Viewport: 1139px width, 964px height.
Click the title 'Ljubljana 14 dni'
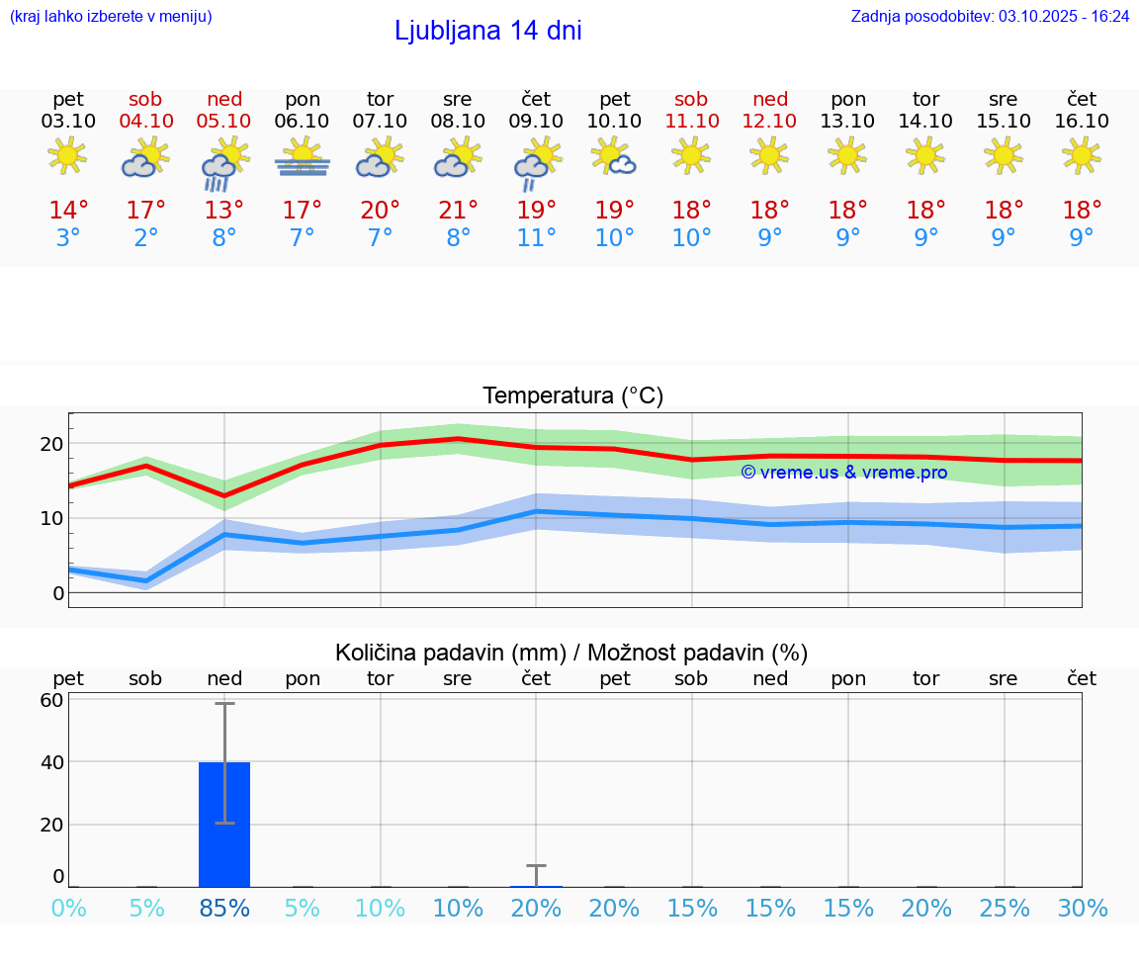coord(487,31)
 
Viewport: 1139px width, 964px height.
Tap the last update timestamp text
coord(990,16)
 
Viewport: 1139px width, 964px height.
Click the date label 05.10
coord(224,121)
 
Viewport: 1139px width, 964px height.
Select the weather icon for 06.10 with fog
coord(303,157)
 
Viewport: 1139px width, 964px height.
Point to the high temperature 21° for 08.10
coord(458,211)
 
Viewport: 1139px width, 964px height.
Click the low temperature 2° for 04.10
coord(146,238)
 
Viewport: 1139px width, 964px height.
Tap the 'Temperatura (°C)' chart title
coord(572,396)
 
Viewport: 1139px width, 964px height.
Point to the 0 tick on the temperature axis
coord(58,593)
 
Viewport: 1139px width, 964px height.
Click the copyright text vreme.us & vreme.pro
coord(843,473)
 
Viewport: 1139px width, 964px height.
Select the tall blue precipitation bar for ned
coord(224,824)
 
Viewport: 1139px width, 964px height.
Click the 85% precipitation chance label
coord(224,908)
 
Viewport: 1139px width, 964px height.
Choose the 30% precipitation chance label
coord(1082,908)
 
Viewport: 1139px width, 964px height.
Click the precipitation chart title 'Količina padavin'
coord(571,653)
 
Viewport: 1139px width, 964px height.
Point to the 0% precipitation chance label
coord(68,908)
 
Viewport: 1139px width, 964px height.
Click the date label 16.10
coord(1082,121)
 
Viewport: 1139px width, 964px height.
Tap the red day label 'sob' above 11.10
coord(691,99)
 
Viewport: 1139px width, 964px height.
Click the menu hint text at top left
coord(111,16)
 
